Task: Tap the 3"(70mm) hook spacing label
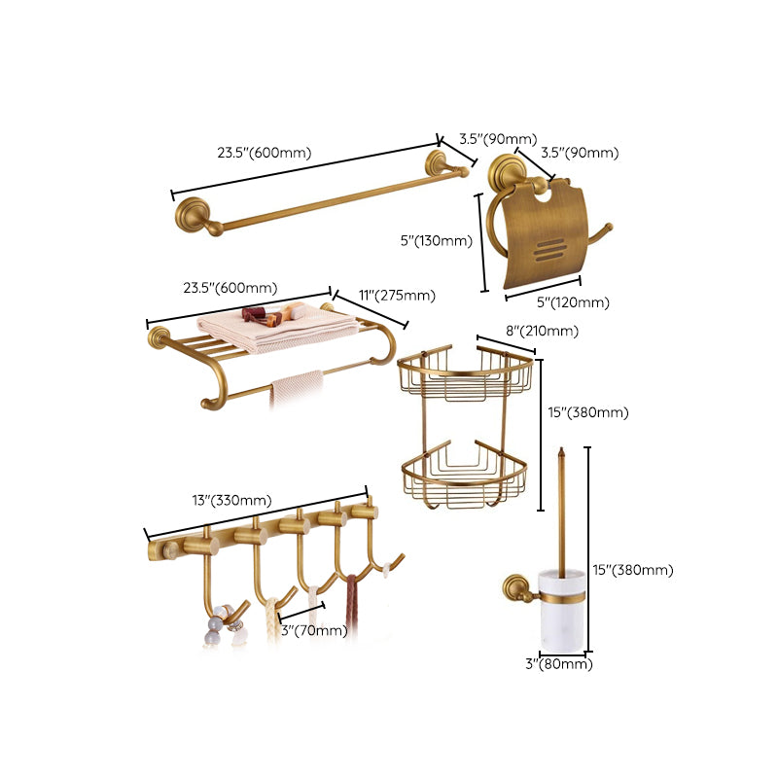312,630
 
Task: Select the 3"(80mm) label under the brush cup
558,664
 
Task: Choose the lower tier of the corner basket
465,477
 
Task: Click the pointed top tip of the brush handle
561,451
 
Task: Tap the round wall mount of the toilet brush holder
513,586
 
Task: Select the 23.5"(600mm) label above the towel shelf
230,288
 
